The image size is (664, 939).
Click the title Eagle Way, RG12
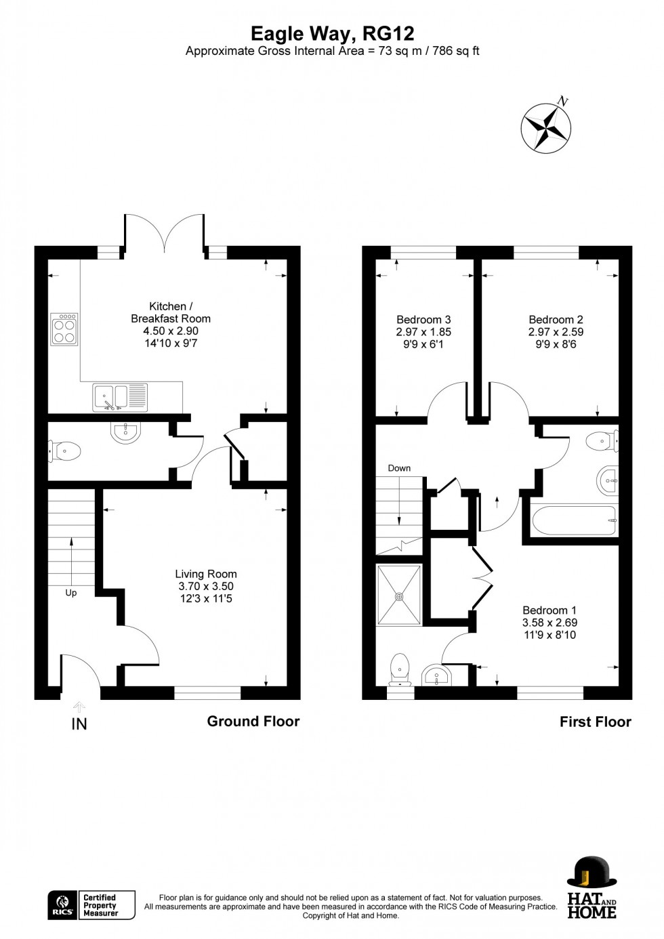pos(332,33)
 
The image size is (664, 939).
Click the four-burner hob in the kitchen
pos(64,329)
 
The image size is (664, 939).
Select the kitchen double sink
pos(119,397)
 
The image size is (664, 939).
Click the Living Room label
pos(205,574)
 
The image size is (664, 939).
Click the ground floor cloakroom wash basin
pos(125,432)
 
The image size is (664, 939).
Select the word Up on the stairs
pos(70,593)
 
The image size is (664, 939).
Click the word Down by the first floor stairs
pos(399,468)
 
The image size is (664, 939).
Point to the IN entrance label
pos(79,724)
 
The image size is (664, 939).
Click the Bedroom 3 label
pos(423,320)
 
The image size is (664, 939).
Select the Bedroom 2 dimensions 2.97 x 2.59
pos(556,332)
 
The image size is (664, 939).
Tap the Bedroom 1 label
pos(549,610)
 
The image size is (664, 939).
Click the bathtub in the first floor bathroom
pos(574,520)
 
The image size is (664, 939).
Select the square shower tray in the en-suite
pos(399,595)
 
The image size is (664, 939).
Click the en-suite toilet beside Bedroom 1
pos(400,667)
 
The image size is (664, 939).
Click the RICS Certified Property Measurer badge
pos(91,905)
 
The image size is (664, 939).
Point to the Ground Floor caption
pos(253,722)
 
